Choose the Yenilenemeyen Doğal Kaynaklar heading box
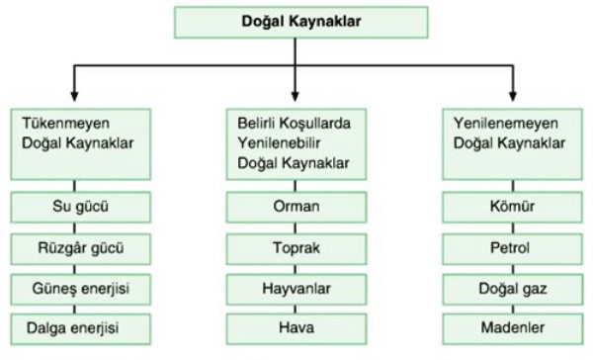point(512,142)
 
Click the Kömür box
point(512,210)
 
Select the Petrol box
point(512,247)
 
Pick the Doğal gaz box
point(512,286)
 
